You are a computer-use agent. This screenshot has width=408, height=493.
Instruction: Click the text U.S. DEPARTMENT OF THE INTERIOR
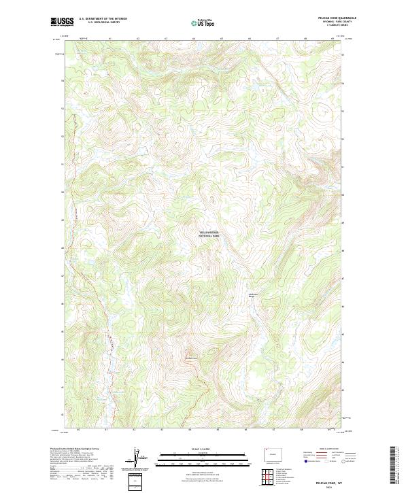pos(103,18)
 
